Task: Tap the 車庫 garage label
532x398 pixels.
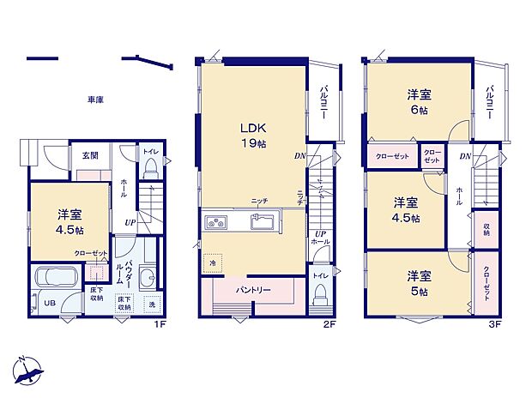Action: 95,100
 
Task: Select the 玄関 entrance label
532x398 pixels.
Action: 89,156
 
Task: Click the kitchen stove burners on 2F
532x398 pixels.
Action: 215,223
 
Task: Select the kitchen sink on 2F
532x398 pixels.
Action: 261,223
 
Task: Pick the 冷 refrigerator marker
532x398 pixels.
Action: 212,263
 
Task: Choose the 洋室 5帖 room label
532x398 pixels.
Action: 420,282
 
